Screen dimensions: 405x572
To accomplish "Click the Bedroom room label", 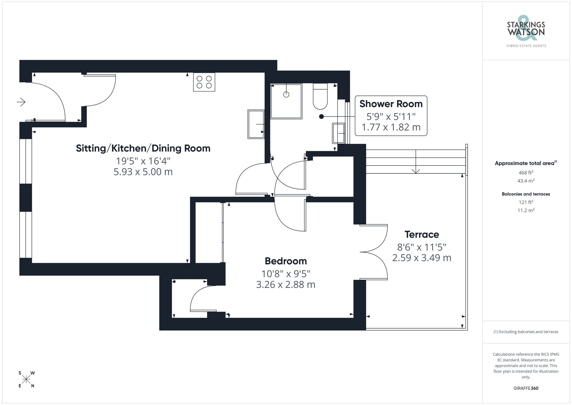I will click(285, 261).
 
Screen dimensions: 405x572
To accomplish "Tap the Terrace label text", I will click(422, 234).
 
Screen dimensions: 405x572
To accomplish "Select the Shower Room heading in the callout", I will click(391, 104).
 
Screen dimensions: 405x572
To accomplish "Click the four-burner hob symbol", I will click(204, 82).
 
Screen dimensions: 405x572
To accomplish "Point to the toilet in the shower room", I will click(320, 96).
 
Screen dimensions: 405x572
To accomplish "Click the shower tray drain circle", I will click(286, 94).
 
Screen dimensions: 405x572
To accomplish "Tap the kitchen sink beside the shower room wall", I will click(256, 124).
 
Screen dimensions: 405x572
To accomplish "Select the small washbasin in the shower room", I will click(338, 133).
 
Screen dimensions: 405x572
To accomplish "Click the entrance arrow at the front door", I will click(21, 102).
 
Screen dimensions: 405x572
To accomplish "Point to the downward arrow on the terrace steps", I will click(416, 170).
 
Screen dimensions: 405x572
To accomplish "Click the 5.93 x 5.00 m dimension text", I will click(143, 172).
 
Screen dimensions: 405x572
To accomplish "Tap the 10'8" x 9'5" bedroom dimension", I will click(285, 274).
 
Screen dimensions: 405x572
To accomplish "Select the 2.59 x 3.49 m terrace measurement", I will click(422, 258).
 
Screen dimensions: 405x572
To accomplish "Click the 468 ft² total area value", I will click(526, 173).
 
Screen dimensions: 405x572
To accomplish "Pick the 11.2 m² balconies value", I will click(526, 210).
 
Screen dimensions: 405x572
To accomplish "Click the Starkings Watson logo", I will click(526, 31).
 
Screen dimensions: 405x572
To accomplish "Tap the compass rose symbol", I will click(26, 380).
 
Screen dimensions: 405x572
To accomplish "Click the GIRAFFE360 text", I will click(526, 388).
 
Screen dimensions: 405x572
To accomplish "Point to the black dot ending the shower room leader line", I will click(321, 116).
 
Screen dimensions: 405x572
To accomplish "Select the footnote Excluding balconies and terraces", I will click(526, 332).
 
